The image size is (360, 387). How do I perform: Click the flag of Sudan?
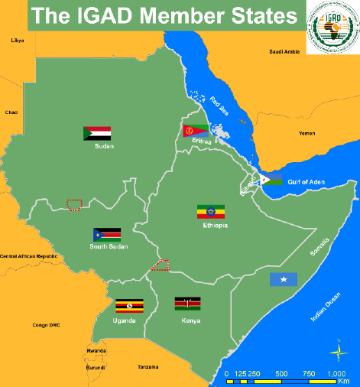click(97, 133)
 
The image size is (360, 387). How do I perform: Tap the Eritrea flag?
click(196, 132)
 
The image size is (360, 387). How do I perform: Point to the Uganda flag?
click(128, 307)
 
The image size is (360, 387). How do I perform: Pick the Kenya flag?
click(187, 304)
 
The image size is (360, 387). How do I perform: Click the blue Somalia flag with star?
click(283, 279)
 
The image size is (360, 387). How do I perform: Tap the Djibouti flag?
click(271, 180)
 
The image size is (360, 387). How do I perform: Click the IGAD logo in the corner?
click(330, 28)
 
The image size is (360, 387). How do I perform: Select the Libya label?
click(16, 40)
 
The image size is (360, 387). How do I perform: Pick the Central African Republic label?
click(29, 255)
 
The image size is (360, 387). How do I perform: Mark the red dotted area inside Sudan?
click(74, 204)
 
